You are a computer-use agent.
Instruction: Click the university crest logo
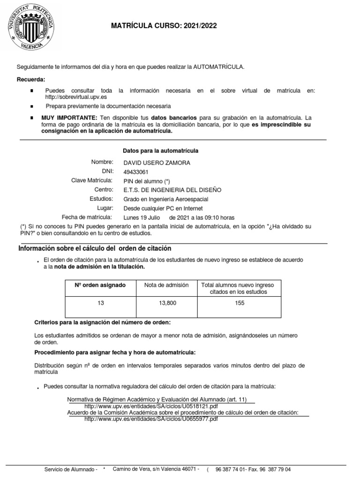(28, 27)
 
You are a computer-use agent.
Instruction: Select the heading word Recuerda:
(31, 79)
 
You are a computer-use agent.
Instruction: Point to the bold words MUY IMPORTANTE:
(69, 117)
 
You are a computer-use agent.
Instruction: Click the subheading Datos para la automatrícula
(160, 151)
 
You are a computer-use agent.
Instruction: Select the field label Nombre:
(102, 162)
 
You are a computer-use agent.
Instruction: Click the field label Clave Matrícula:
(92, 180)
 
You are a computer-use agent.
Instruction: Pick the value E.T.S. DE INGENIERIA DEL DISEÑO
(172, 190)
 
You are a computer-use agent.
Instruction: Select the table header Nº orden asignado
(100, 285)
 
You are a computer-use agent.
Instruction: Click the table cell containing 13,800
(167, 303)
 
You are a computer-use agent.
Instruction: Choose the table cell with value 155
(238, 303)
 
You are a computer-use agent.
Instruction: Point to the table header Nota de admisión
(166, 285)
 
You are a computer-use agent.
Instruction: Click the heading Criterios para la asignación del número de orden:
(103, 323)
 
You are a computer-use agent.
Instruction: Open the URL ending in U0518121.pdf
(151, 406)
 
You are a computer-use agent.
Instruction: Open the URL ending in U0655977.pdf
(151, 419)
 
